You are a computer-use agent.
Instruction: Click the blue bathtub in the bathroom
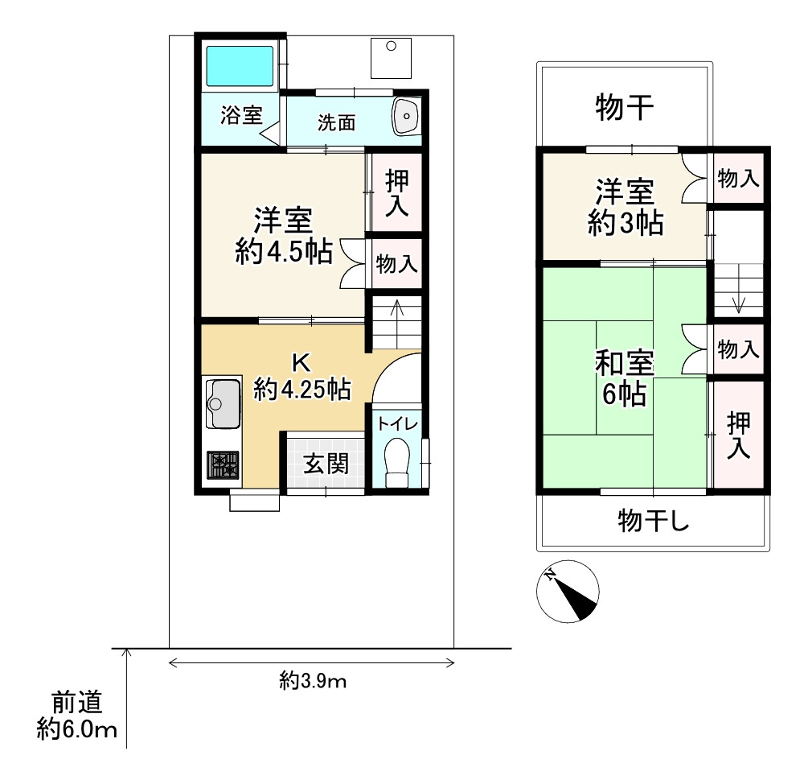point(240,66)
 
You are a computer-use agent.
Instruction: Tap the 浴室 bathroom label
point(241,116)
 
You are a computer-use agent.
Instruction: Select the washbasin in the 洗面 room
point(406,116)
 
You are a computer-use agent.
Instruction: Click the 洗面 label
point(336,122)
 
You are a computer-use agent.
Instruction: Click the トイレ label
point(397,424)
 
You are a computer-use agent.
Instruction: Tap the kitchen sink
point(223,403)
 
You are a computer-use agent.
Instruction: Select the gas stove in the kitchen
point(223,465)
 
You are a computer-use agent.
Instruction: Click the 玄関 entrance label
point(326,464)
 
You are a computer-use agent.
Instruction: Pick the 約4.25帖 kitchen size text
point(302,389)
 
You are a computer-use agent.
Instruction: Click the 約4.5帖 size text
point(284,252)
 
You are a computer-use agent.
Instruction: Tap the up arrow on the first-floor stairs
point(397,311)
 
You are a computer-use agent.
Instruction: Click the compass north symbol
point(568,592)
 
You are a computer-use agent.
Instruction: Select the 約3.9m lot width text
point(313,681)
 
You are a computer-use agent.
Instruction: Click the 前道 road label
point(77,703)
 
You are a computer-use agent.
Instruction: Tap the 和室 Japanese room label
point(624,363)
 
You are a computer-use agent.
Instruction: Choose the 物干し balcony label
point(653,521)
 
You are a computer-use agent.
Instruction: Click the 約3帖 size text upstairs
point(626,223)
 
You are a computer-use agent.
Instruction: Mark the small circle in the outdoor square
point(392,46)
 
